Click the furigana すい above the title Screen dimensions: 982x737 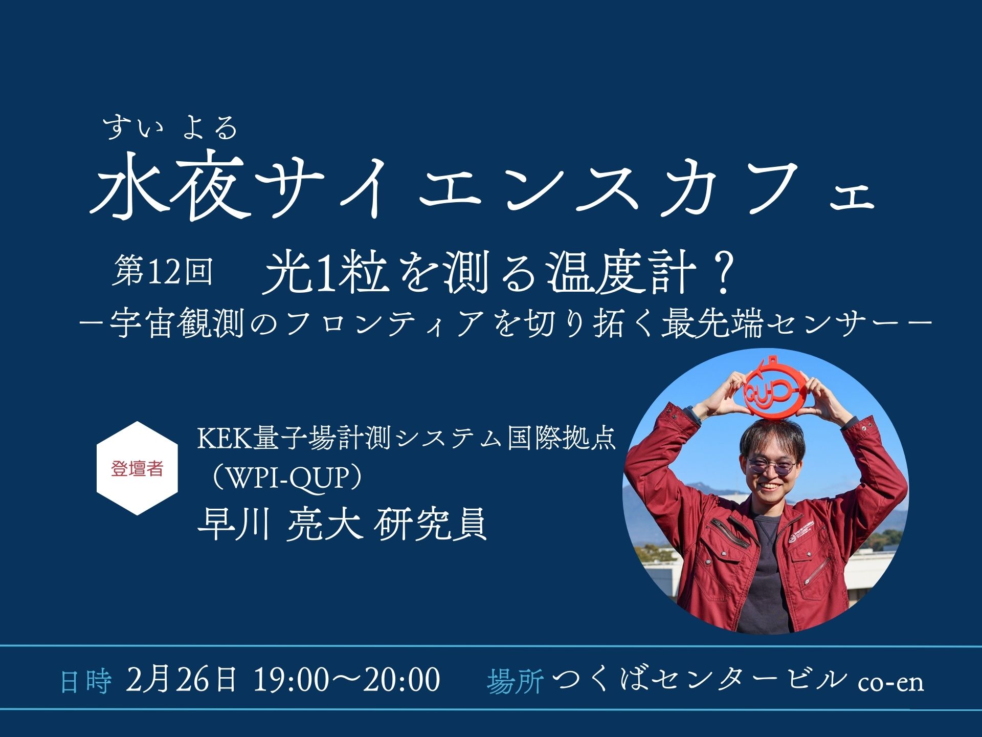click(x=133, y=127)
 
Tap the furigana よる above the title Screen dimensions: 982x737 click(x=210, y=127)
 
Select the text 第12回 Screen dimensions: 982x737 click(x=162, y=271)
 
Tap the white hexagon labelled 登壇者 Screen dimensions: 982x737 click(x=137, y=468)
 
